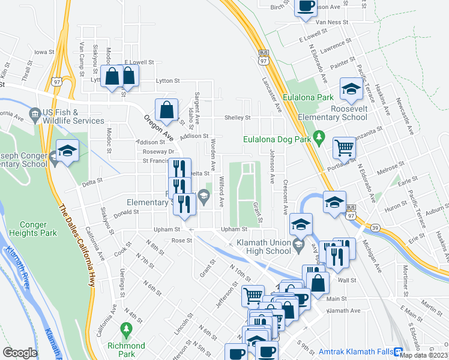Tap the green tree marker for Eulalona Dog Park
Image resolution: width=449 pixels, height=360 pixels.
pos(319,134)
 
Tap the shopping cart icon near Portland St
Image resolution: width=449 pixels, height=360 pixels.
pos(345,146)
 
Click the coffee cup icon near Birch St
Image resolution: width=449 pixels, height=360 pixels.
pos(306,7)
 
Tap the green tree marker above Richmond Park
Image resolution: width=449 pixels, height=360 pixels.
pos(126,329)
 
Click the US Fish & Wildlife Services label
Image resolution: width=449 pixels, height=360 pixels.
pos(73,116)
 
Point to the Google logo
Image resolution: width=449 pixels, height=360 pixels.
pos(20,353)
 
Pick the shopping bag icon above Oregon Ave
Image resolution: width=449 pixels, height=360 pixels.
pos(166,110)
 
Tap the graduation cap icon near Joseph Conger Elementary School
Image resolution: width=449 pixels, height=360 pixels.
pos(67,151)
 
